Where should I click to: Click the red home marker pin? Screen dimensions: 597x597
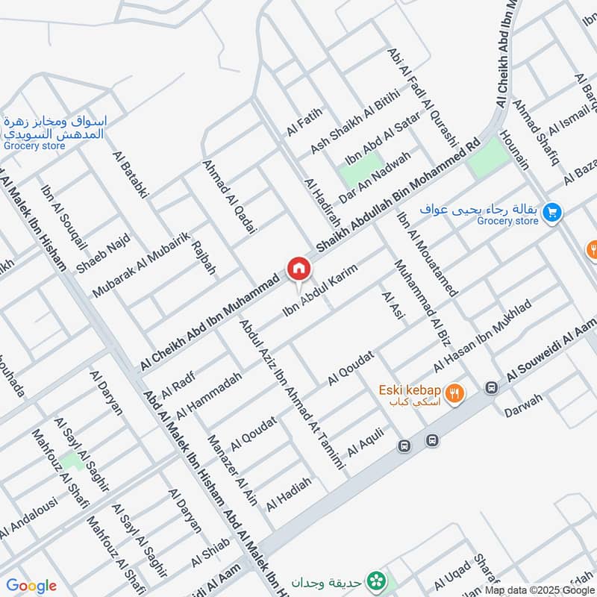[x=298, y=268]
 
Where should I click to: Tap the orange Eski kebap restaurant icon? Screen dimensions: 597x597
[x=453, y=393]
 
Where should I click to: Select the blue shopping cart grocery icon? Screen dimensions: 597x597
[x=552, y=213]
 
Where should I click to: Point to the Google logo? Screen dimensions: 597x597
[x=31, y=586]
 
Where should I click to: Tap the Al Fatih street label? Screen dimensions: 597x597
[x=303, y=122]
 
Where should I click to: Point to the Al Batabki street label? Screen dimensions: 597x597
[x=131, y=175]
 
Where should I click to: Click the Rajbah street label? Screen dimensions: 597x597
[x=204, y=257]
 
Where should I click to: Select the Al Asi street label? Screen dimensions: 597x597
[x=393, y=306]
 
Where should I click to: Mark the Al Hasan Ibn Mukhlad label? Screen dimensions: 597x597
[x=482, y=337]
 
